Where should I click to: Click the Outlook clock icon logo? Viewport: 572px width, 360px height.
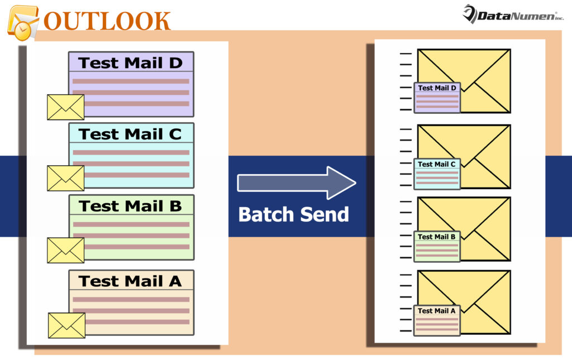[22, 23]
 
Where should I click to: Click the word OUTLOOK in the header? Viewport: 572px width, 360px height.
[107, 21]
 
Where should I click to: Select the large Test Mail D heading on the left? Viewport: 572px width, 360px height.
[131, 63]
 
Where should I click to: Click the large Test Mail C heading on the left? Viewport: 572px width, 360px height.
[131, 134]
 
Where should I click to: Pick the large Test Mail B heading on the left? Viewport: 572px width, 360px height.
[131, 206]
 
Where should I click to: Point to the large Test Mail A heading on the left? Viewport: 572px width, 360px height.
[131, 281]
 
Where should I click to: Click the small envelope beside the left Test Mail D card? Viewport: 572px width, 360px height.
[65, 107]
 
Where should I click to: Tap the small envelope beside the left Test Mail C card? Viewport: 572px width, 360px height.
[65, 178]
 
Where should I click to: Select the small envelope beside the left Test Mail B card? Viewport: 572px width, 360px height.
[65, 250]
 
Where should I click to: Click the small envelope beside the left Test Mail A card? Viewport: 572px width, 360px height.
[66, 325]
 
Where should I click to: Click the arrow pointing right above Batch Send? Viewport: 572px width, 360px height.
[296, 183]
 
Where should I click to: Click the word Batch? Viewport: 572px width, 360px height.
[265, 214]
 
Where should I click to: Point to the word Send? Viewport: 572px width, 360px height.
[323, 214]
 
